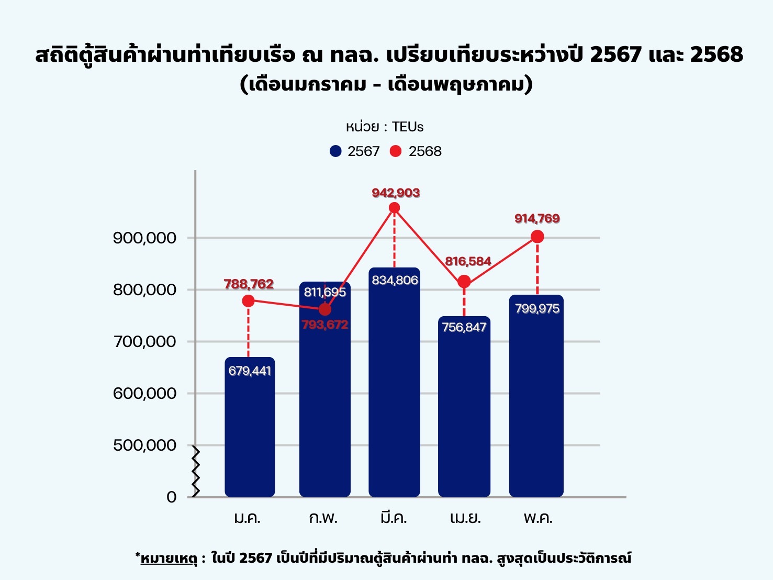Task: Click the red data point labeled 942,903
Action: [395, 208]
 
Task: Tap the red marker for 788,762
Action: [249, 301]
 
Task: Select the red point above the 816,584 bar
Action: [464, 282]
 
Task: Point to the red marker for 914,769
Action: [537, 237]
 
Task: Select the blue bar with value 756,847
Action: [464, 414]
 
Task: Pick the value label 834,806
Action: [395, 281]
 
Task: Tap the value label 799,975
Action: [537, 309]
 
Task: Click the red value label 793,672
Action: [325, 325]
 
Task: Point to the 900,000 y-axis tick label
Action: [144, 238]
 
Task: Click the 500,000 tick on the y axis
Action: [144, 445]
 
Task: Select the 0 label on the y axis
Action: [172, 497]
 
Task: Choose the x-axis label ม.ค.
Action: [247, 518]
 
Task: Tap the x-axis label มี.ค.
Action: [394, 518]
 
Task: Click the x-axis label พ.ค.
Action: [538, 518]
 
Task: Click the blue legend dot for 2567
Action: [335, 151]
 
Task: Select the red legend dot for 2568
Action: [396, 151]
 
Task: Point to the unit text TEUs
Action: [408, 127]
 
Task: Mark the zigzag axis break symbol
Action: [196, 471]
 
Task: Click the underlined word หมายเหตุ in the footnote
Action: [169, 559]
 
